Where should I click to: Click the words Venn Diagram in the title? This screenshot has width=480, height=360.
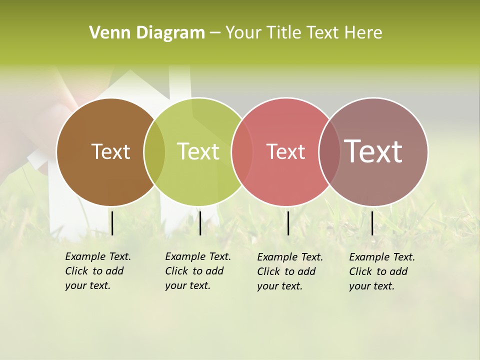pos(147,33)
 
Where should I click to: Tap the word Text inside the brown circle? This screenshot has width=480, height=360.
pos(110,152)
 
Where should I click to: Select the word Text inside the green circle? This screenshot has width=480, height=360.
pos(198,152)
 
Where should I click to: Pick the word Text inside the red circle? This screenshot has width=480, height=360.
pos(285,152)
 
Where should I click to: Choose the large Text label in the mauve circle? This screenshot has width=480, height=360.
pos(373,151)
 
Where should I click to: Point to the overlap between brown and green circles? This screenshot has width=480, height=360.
pos(154,152)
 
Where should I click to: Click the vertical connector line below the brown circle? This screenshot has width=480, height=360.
pos(112,223)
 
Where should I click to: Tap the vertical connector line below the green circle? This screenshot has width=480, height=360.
pos(200,223)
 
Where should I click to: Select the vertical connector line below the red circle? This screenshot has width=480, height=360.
pos(288,223)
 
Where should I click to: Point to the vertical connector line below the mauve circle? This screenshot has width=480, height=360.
pos(372,223)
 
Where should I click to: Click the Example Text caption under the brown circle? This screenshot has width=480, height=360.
pos(97,271)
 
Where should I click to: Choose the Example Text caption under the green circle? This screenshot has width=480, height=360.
pos(197,271)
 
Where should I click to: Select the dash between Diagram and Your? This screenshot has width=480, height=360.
pos(215,33)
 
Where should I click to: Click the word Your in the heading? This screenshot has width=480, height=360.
pos(243,33)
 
